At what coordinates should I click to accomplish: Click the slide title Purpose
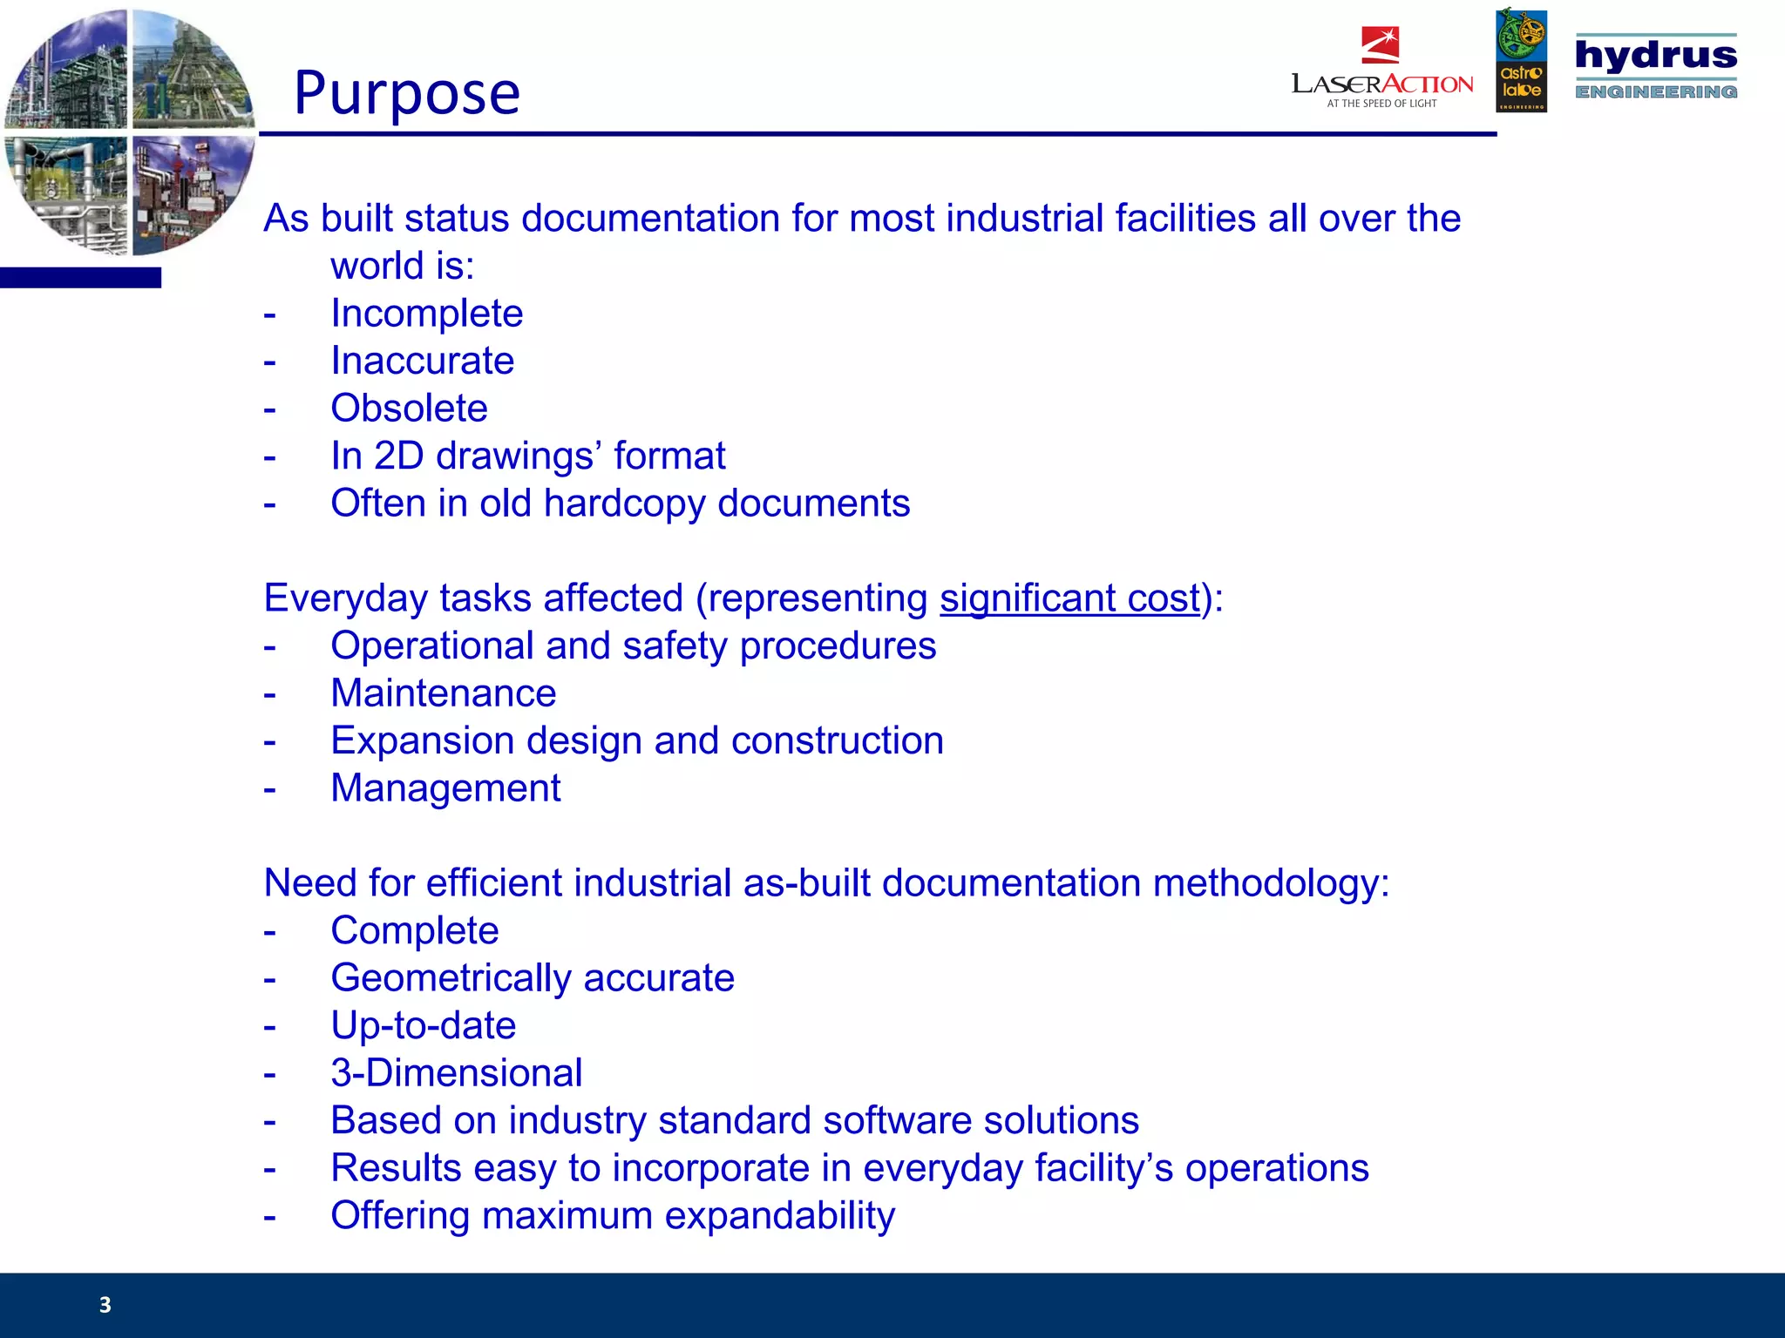pos(407,93)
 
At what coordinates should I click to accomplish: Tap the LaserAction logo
pos(1381,71)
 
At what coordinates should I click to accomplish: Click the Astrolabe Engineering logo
pos(1521,61)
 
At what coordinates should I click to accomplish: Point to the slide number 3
pos(105,1304)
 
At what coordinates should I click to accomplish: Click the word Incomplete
pos(426,314)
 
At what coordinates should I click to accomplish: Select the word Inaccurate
pos(422,361)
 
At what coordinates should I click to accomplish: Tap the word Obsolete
pos(409,409)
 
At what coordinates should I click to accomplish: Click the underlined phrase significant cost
pos(1069,598)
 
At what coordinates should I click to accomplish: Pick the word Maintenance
pos(443,693)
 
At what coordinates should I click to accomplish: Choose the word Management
pos(445,788)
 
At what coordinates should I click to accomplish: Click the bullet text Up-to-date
pos(423,1025)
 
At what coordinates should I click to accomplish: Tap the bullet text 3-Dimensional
pos(456,1073)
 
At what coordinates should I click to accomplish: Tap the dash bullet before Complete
pos(270,931)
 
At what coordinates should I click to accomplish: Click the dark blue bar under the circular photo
pos(80,278)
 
